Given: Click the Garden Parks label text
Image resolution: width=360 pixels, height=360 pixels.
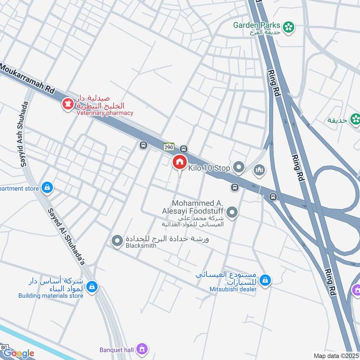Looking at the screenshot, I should (x=256, y=25).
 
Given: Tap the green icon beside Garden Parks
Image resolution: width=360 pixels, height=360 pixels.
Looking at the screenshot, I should (x=289, y=27).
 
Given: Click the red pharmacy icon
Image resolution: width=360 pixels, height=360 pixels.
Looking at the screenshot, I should (x=68, y=104).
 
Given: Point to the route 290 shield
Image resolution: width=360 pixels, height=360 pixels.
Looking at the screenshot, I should (x=168, y=147).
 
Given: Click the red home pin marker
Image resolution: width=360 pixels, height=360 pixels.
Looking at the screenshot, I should (x=179, y=162).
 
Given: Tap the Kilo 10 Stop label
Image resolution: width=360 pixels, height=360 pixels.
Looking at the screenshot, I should (x=209, y=168).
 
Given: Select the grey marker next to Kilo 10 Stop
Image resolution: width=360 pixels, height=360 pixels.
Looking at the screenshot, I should (x=238, y=168).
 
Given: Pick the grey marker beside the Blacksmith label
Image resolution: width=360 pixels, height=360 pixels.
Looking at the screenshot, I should (x=117, y=241).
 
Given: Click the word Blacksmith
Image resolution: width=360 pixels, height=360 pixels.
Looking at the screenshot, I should (x=141, y=246).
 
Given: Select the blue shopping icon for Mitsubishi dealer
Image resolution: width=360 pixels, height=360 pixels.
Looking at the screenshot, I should (x=265, y=280).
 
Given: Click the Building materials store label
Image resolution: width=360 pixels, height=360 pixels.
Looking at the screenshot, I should (x=51, y=296).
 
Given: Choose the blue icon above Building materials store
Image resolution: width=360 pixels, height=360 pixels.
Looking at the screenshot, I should (x=92, y=286).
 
